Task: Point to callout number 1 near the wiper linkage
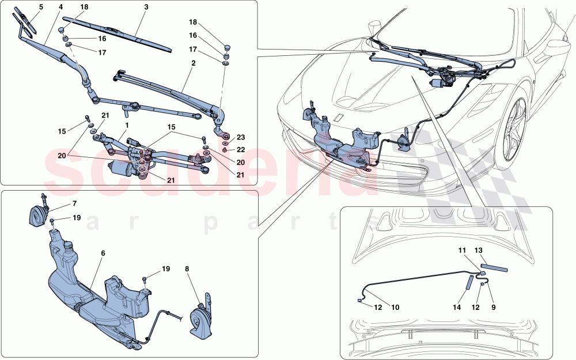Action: pos(126,124)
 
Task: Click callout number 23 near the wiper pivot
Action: pos(241,137)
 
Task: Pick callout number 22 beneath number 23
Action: pos(241,150)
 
